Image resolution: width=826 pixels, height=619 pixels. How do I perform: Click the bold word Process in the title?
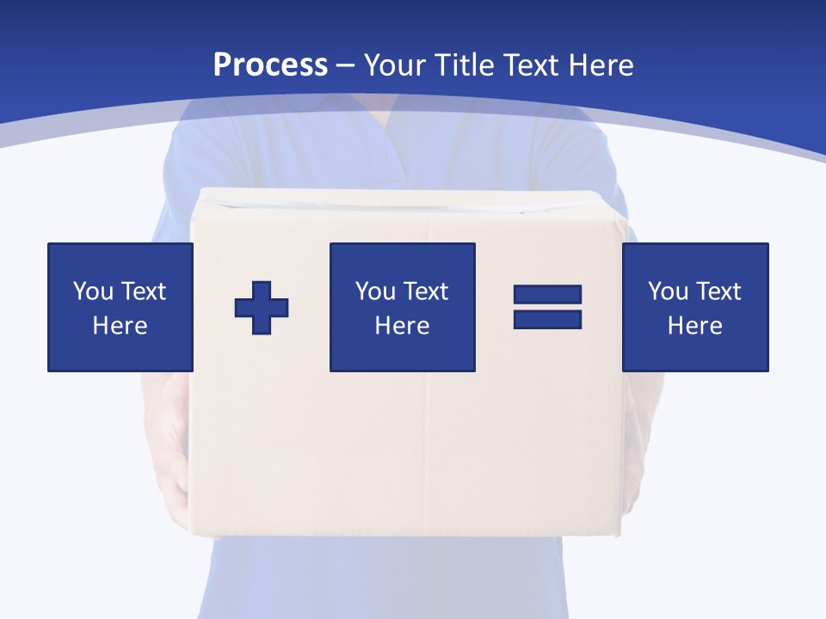tap(270, 65)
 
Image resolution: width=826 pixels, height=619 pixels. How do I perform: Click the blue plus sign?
tap(262, 308)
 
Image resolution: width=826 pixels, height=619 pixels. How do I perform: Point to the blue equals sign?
tap(547, 307)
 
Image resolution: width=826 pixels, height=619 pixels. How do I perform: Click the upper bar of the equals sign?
tap(547, 295)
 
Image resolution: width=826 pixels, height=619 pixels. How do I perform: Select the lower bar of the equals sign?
tap(547, 319)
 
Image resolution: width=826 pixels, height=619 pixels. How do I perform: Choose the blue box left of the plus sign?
tap(120, 307)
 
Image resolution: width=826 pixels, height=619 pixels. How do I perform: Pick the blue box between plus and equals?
tap(402, 307)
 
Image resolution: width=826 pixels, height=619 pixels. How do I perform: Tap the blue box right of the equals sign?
tap(694, 307)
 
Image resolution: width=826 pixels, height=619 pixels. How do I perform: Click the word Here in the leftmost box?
tap(120, 326)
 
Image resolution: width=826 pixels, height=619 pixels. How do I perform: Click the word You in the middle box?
tap(375, 291)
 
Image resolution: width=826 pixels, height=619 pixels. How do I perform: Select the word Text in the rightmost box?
tap(718, 291)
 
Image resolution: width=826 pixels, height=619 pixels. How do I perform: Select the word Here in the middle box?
tap(402, 326)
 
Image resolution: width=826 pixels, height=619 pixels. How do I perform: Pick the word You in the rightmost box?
tap(668, 291)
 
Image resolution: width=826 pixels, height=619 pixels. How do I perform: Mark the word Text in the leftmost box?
tap(143, 291)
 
